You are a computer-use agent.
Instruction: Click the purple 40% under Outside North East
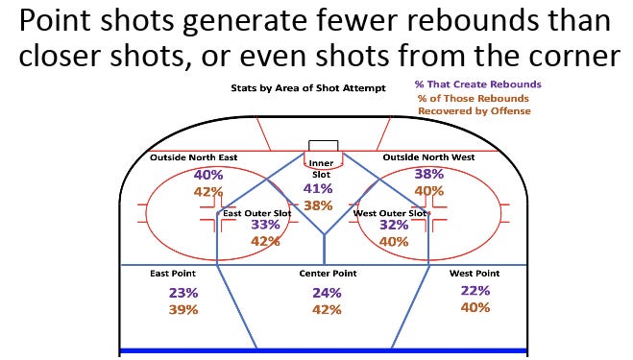point(208,175)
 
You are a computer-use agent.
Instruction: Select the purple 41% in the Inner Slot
point(317,189)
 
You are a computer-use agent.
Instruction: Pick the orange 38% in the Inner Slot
point(317,205)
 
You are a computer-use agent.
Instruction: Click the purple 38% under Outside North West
point(428,175)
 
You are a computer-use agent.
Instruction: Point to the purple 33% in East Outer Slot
point(265,225)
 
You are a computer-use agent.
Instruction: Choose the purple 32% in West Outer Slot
point(394,225)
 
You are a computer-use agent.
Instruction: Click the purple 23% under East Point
point(183,292)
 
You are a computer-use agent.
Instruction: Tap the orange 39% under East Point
point(183,309)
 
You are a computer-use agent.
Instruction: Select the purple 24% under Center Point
point(327,293)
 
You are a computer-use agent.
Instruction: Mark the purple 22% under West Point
point(475,291)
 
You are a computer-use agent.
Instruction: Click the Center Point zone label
point(328,274)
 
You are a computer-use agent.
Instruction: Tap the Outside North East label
point(194,157)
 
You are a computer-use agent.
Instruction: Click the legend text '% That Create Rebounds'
point(478,84)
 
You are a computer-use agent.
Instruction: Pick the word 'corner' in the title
point(566,57)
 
